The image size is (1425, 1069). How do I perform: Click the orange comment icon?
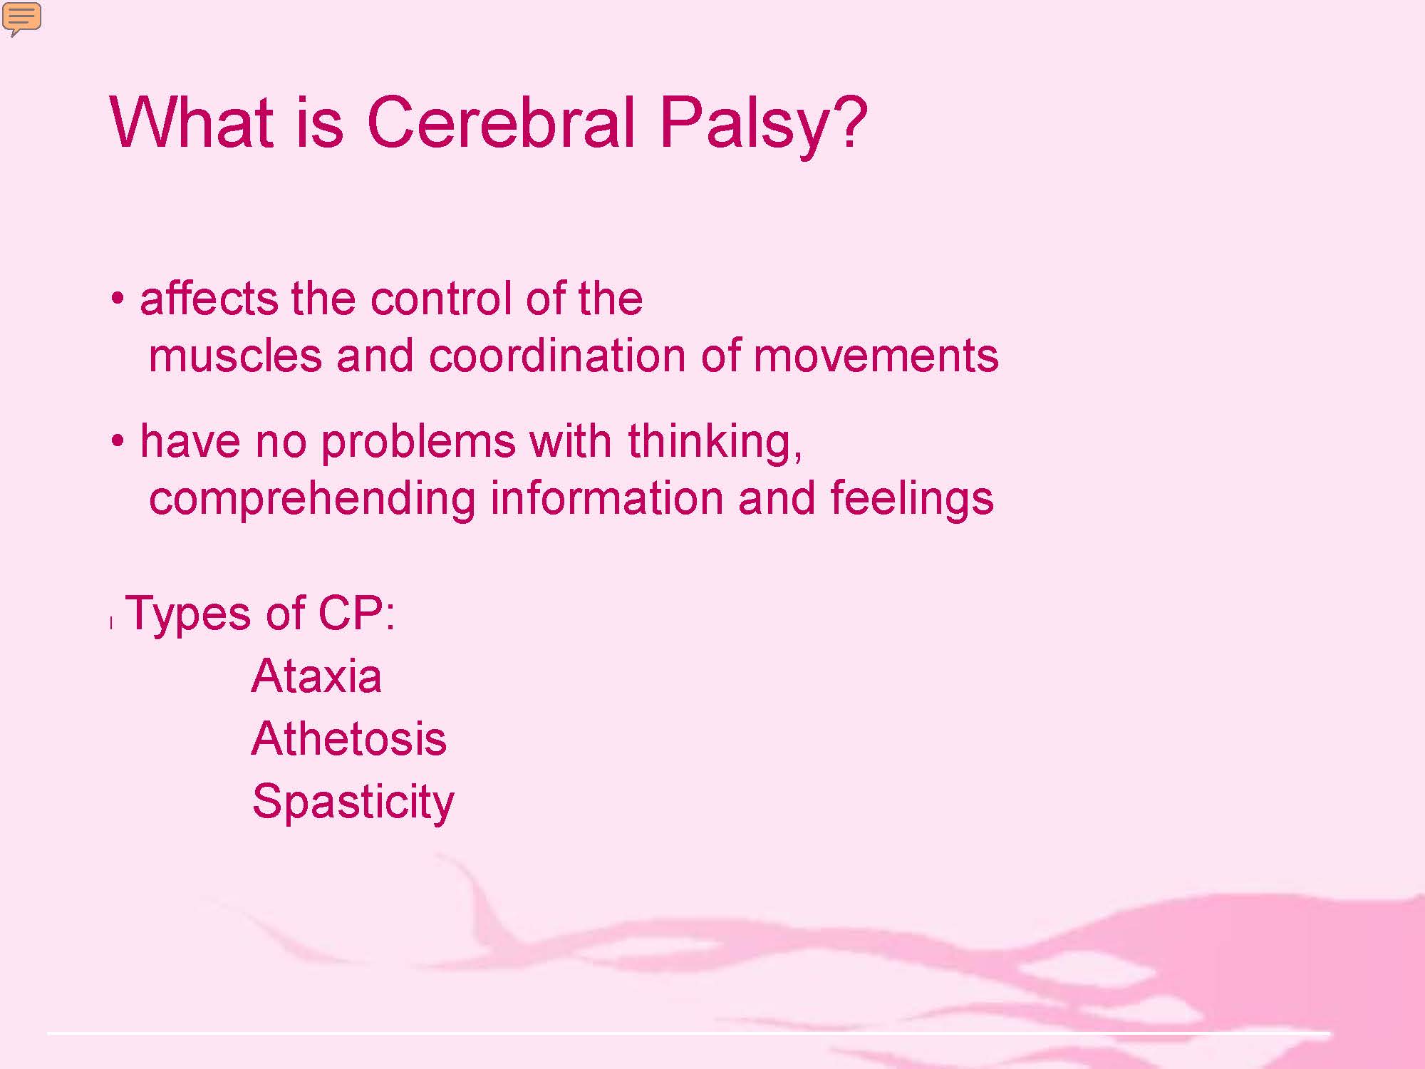[22, 19]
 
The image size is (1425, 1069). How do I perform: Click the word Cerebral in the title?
[500, 122]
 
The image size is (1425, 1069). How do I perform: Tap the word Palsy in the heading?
[744, 126]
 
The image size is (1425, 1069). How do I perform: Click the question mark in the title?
[849, 120]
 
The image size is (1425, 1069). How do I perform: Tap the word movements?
[876, 356]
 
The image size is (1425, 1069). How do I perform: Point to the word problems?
[418, 442]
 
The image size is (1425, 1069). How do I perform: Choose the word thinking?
[715, 442]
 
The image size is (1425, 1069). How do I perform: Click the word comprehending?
[312, 499]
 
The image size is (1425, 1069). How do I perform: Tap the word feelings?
[911, 499]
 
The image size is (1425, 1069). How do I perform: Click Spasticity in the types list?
[353, 802]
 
